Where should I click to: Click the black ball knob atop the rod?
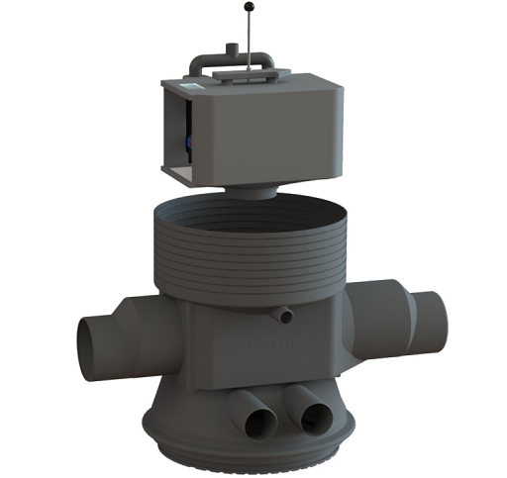pyautogui.click(x=247, y=8)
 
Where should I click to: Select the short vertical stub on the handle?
pyautogui.click(x=227, y=49)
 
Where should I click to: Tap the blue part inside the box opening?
pyautogui.click(x=186, y=146)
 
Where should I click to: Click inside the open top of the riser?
pyautogui.click(x=253, y=220)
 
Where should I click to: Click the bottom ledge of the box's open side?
pyautogui.click(x=178, y=177)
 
